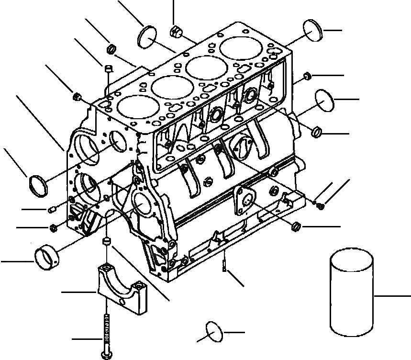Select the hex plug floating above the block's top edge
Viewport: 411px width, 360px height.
pyautogui.click(x=176, y=32)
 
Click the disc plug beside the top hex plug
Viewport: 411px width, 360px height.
pyautogui.click(x=147, y=37)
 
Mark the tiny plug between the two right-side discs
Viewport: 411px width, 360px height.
pyautogui.click(x=308, y=76)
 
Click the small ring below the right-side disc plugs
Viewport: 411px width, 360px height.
pyautogui.click(x=316, y=131)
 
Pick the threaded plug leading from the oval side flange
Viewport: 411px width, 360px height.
pyautogui.click(x=296, y=225)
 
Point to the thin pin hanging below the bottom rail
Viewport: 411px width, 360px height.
pyautogui.click(x=224, y=266)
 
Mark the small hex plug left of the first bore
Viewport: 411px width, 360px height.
pyautogui.click(x=76, y=97)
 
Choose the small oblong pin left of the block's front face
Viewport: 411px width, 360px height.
pyautogui.click(x=54, y=209)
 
